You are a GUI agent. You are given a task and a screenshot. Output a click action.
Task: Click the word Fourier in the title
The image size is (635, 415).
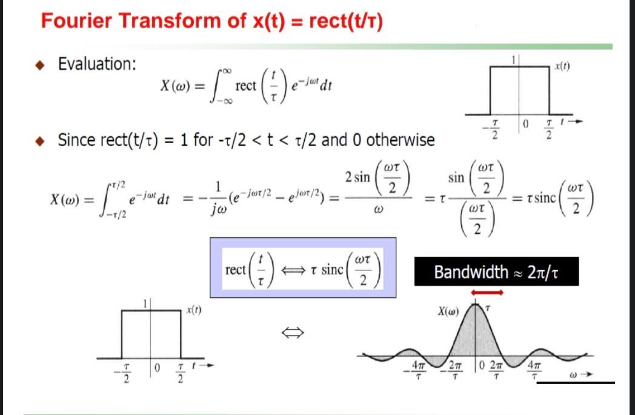click(x=79, y=21)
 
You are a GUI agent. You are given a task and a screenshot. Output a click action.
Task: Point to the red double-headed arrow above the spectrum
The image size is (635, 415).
click(x=488, y=292)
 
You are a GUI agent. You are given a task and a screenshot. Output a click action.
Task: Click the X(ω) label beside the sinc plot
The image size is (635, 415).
click(x=448, y=312)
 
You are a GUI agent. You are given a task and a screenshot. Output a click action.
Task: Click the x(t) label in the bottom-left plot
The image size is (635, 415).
click(x=194, y=310)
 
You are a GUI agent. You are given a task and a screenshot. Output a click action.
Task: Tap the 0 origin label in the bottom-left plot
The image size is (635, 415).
click(x=156, y=368)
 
